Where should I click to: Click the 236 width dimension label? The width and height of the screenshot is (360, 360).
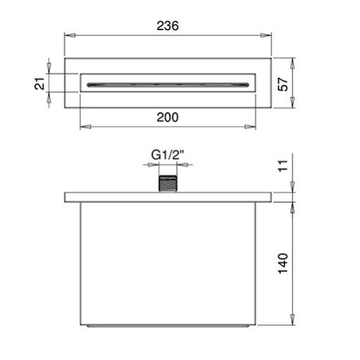pyautogui.click(x=167, y=26)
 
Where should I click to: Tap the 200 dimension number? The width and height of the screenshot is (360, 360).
pyautogui.click(x=167, y=117)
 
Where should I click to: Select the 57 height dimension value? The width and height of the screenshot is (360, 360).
pyautogui.click(x=283, y=84)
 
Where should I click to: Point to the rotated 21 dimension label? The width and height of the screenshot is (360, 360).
pyautogui.click(x=39, y=83)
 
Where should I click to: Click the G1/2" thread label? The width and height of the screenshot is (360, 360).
pyautogui.click(x=167, y=155)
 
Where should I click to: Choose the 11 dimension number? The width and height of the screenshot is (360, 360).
pyautogui.click(x=283, y=166)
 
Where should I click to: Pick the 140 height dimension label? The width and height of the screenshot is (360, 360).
pyautogui.click(x=283, y=263)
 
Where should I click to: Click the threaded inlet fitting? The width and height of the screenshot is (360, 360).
pyautogui.click(x=167, y=184)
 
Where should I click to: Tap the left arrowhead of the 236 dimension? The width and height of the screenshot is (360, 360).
pyautogui.click(x=70, y=36)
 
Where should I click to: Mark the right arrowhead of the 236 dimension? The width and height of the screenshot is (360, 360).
pyautogui.click(x=266, y=36)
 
